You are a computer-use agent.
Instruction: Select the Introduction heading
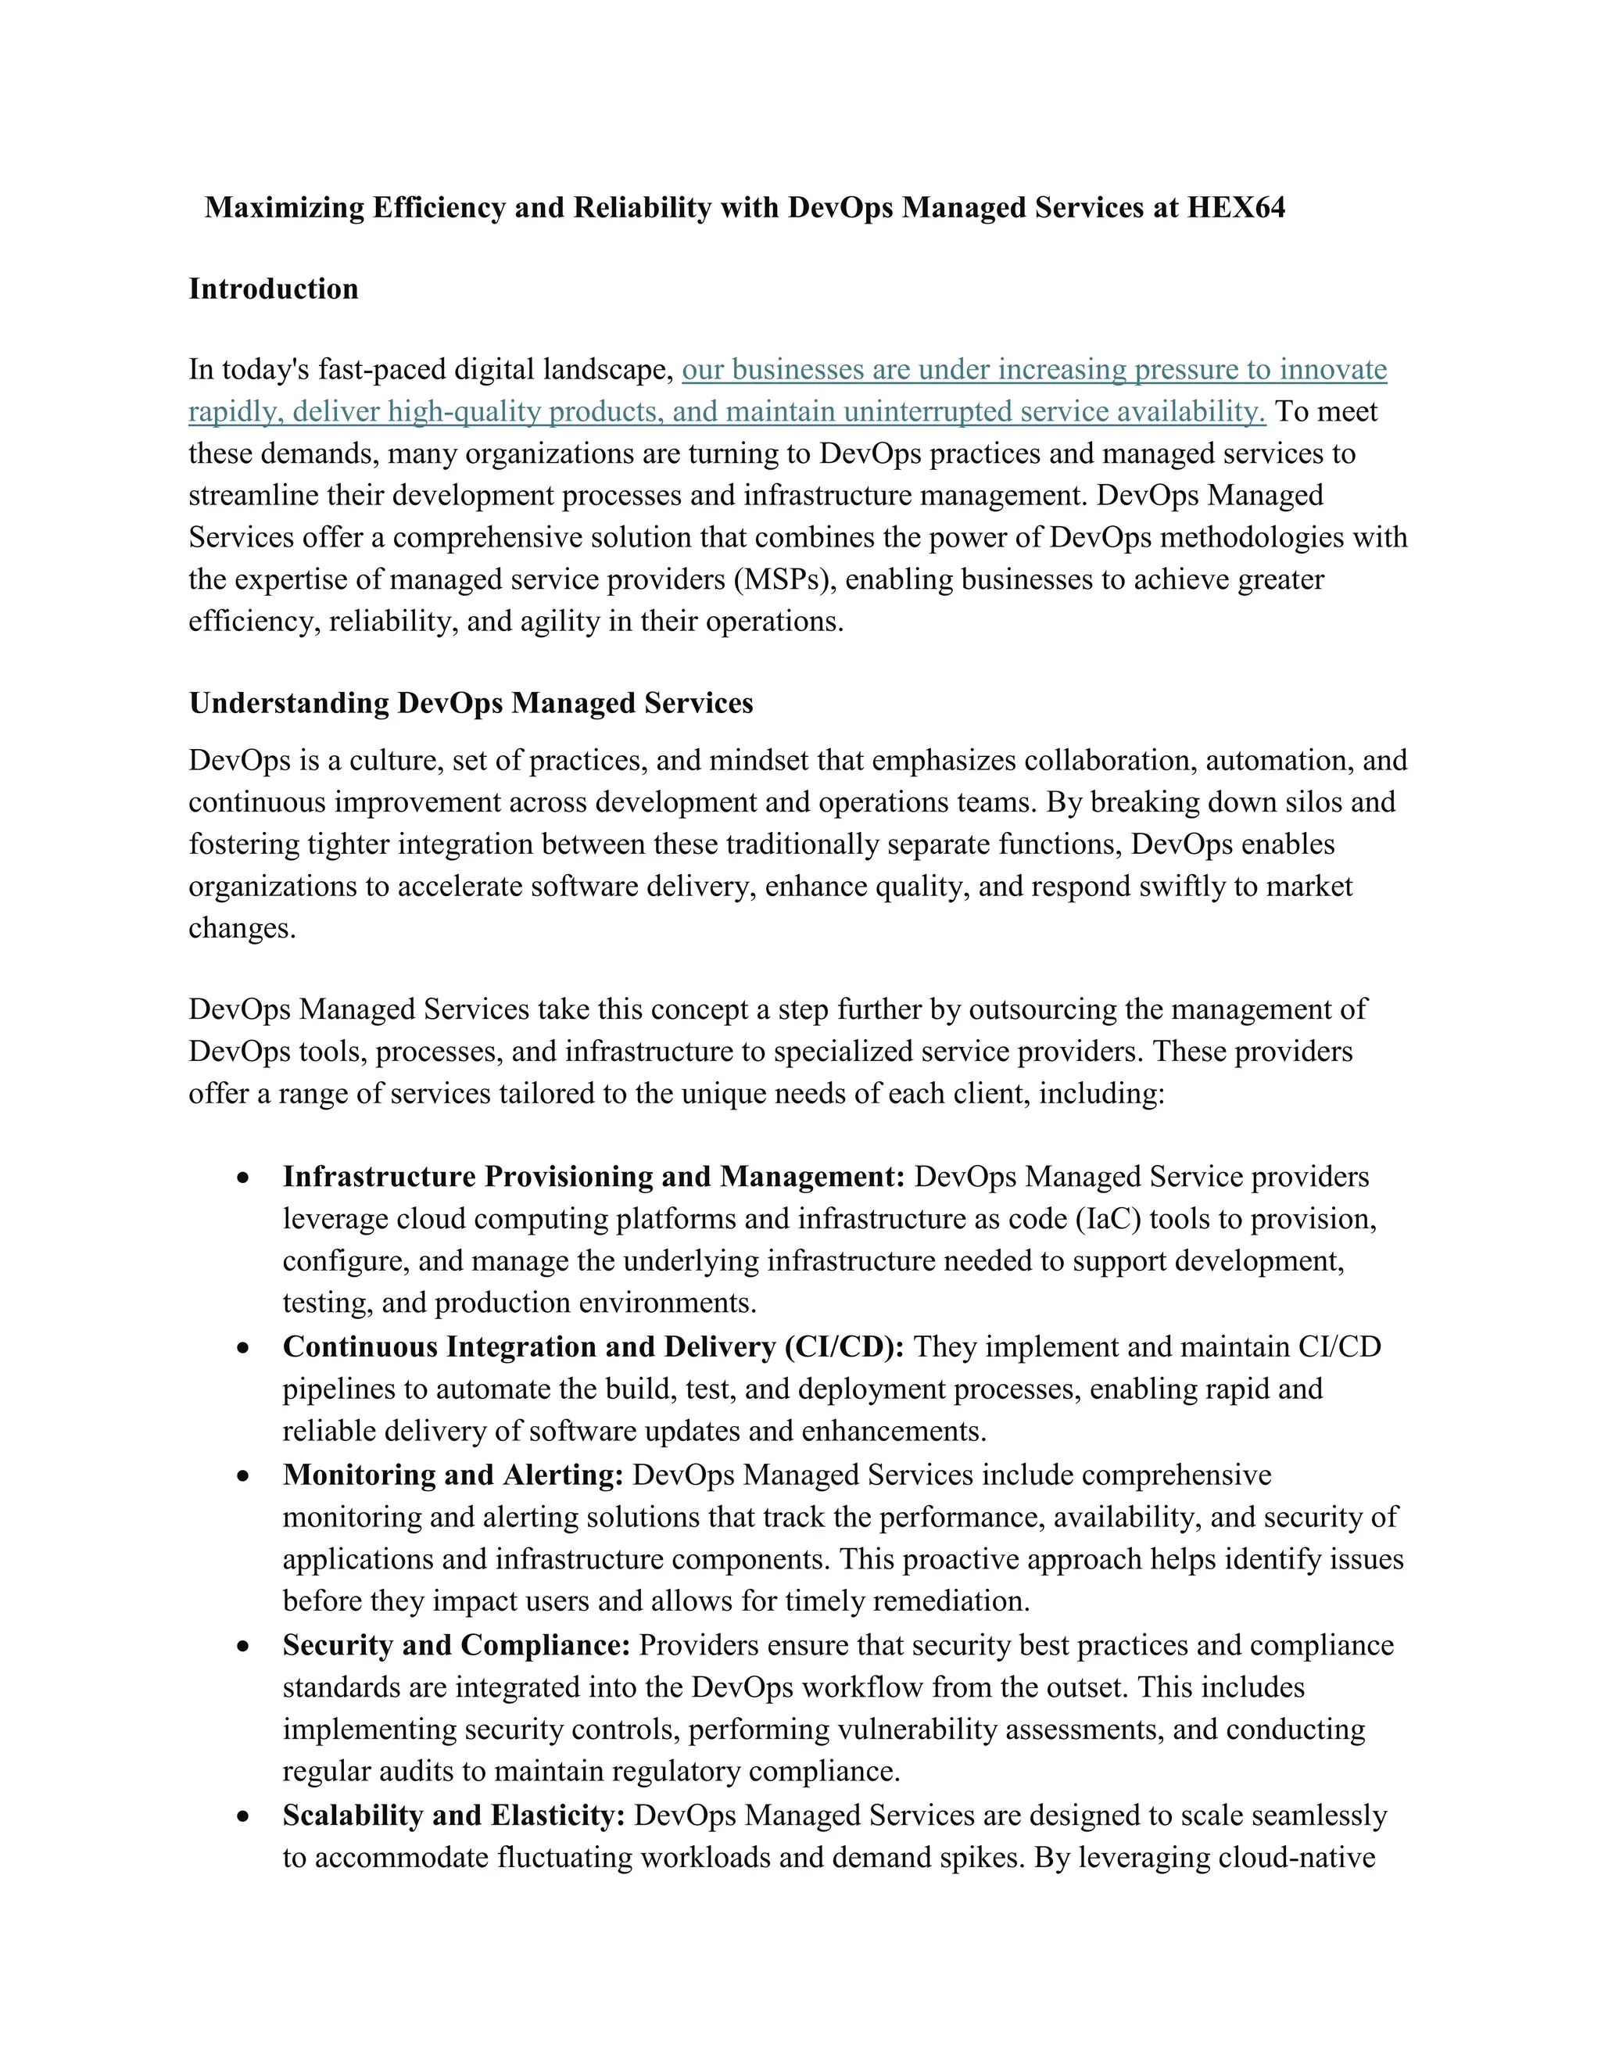[273, 289]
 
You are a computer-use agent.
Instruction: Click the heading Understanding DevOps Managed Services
[471, 703]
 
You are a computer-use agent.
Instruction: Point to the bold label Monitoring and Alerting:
[453, 1475]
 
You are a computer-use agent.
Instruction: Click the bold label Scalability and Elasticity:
[453, 1815]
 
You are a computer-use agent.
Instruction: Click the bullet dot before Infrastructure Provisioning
[244, 1178]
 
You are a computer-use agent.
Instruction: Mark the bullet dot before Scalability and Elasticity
[244, 1816]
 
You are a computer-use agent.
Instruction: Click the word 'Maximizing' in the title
[285, 207]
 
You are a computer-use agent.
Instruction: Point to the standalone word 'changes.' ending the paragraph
[243, 928]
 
